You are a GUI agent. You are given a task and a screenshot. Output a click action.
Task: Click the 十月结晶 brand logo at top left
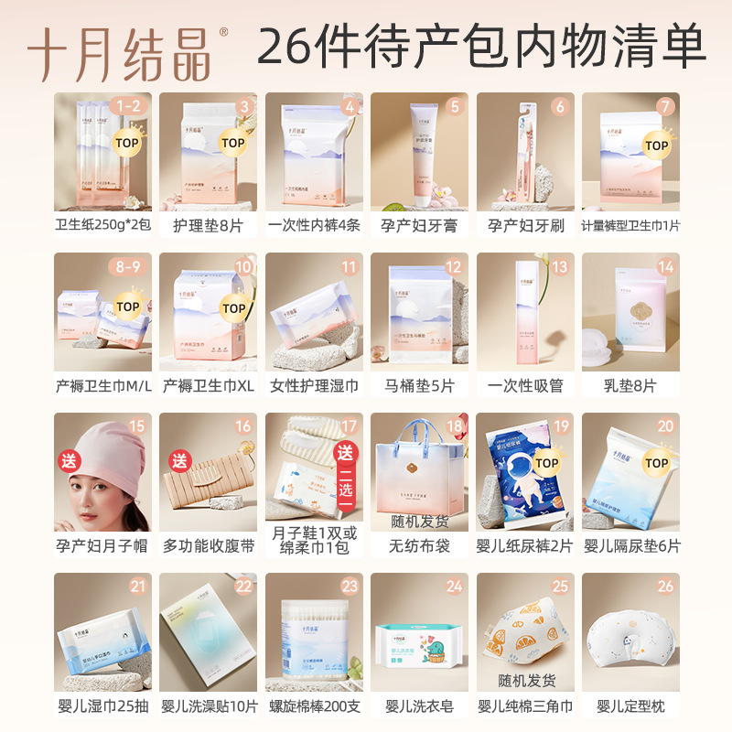(x=118, y=50)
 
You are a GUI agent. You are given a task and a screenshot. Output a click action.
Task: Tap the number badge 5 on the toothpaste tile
(x=454, y=107)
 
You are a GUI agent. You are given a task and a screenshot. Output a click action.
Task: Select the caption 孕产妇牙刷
(x=525, y=225)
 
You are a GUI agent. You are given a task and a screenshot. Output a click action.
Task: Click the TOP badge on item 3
(x=233, y=143)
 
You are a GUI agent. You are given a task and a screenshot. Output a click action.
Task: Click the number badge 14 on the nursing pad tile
(x=665, y=267)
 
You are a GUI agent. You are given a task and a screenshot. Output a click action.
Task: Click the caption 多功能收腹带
(x=208, y=546)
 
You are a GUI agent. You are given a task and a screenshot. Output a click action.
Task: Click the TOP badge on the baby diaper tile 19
(x=546, y=464)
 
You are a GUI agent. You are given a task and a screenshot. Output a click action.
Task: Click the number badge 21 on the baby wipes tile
(x=138, y=587)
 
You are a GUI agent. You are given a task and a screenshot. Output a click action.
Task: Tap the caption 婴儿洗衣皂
(x=419, y=705)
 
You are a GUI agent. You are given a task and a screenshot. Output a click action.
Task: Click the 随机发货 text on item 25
(x=525, y=681)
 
